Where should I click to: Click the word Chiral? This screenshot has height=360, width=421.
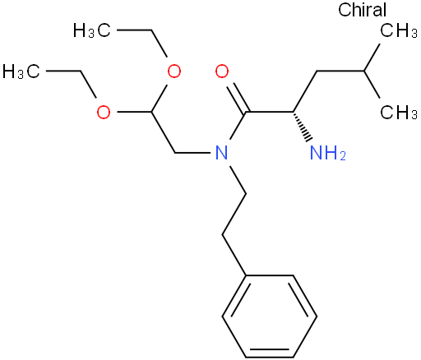[x=362, y=10]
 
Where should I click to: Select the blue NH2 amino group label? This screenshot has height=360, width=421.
[x=328, y=153]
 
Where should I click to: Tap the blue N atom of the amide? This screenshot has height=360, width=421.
[x=222, y=153]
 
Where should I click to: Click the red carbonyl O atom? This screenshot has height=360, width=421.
[x=222, y=72]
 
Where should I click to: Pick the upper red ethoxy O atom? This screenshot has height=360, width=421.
[x=174, y=72]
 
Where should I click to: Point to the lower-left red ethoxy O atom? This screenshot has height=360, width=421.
[x=104, y=112]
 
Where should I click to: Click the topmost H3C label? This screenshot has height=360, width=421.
[x=92, y=30]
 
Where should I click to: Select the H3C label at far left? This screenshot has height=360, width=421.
[x=21, y=72]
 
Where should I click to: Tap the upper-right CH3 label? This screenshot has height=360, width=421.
[x=399, y=30]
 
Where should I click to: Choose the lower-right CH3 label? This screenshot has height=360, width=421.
[x=399, y=112]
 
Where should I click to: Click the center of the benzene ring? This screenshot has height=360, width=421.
[x=270, y=316]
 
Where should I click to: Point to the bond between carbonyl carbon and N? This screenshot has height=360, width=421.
[x=238, y=126]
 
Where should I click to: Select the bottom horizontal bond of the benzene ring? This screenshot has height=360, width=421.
[x=270, y=358]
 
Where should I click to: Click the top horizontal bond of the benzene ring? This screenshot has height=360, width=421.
[x=270, y=275]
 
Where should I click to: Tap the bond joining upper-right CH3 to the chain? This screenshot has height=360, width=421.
[x=372, y=58]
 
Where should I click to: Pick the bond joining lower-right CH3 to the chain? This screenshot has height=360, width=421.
[x=372, y=85]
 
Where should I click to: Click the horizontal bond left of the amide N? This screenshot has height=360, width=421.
[x=192, y=153]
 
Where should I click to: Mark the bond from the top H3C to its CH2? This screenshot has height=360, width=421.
[x=134, y=30]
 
